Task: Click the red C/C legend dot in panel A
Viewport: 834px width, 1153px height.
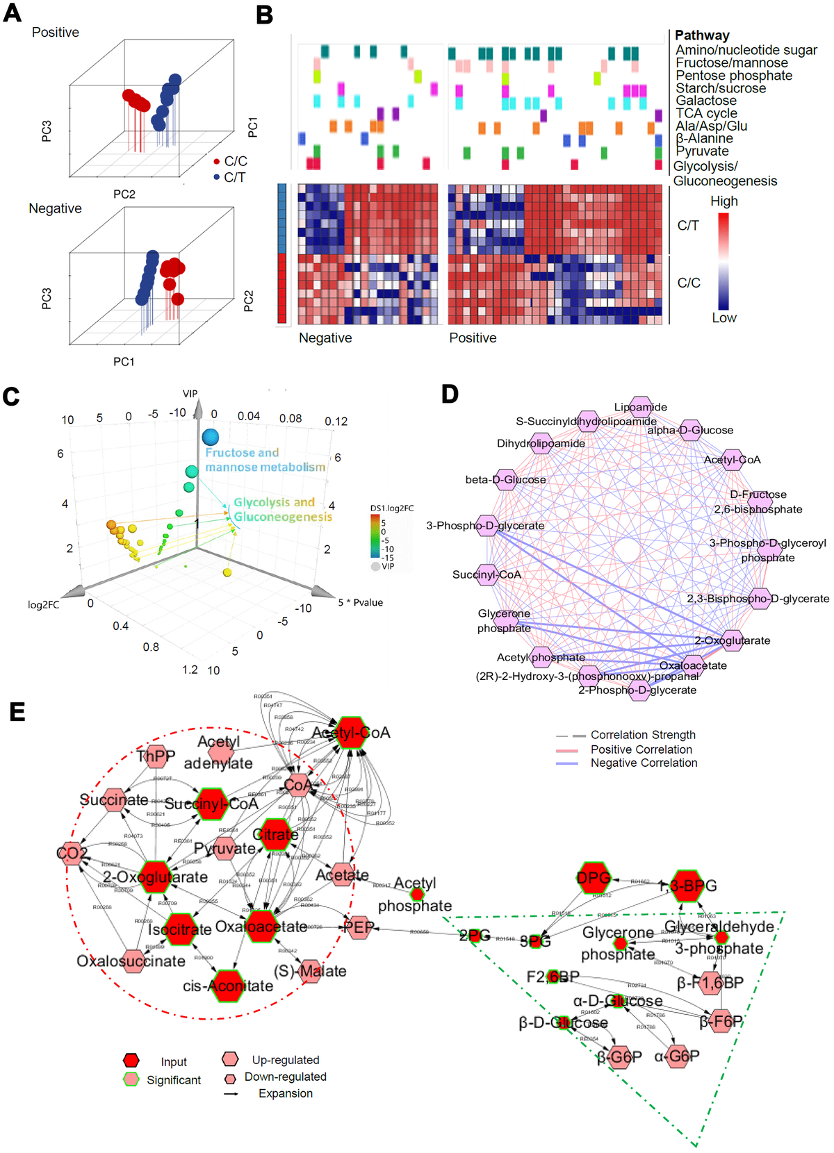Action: (217, 162)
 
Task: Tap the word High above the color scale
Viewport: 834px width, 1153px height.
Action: (723, 201)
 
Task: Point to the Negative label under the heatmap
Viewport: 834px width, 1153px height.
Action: (325, 338)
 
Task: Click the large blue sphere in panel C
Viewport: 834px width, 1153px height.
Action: (211, 437)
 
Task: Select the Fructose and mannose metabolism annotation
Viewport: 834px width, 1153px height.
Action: (265, 460)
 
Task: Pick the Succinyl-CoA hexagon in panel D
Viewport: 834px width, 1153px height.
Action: (488, 574)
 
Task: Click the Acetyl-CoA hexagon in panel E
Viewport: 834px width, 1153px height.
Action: (352, 733)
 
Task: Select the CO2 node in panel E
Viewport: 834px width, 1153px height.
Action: (72, 853)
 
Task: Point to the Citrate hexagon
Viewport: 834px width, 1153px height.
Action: (276, 834)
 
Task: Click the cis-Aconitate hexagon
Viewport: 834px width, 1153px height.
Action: (228, 986)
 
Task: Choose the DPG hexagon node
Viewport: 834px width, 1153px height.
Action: (594, 879)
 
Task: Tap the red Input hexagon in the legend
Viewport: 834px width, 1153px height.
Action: (131, 1061)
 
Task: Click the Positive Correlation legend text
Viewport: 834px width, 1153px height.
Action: (641, 749)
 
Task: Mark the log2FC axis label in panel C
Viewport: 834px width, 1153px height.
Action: (44, 605)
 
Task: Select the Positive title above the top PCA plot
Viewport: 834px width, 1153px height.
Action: (56, 33)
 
